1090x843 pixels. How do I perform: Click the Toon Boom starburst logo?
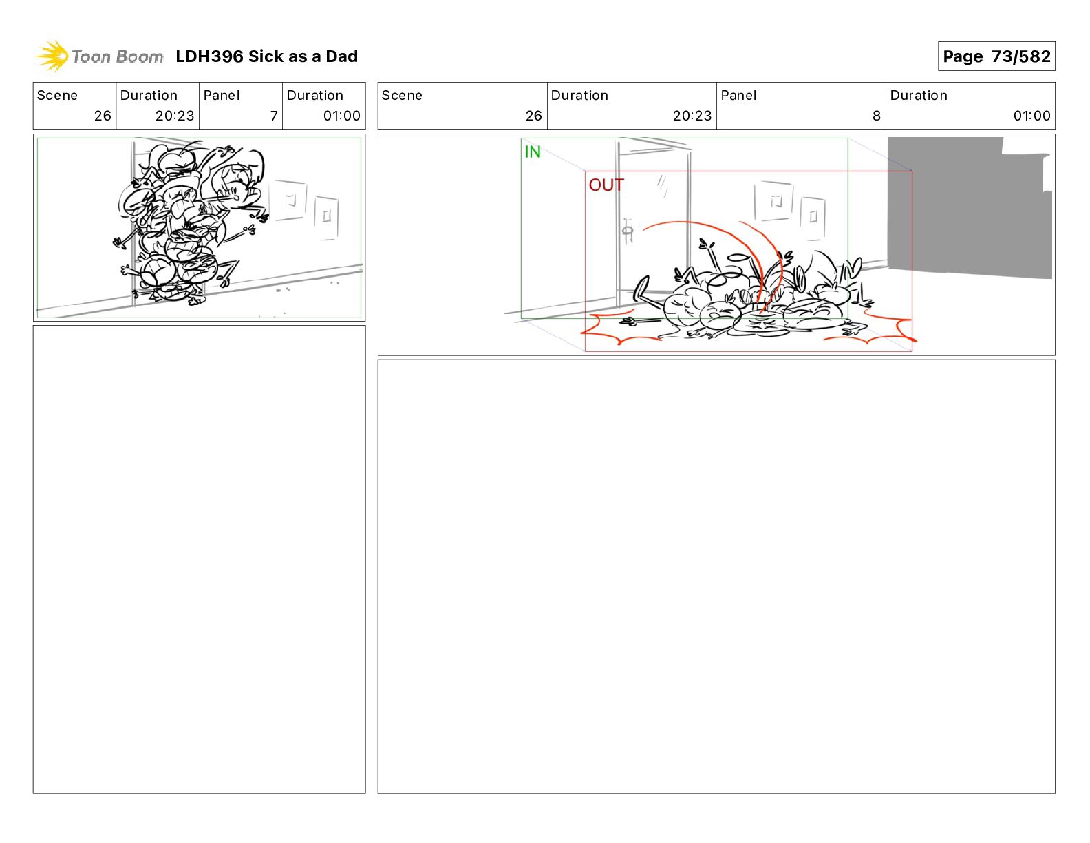point(52,56)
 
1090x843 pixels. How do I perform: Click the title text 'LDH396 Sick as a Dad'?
point(266,56)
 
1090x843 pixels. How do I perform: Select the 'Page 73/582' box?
point(996,56)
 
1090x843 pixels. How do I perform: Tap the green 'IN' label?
point(532,152)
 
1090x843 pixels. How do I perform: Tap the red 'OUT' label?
point(606,185)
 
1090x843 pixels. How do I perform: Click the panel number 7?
point(274,116)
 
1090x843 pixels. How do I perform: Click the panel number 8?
point(876,116)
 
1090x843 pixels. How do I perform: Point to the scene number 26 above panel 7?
point(103,116)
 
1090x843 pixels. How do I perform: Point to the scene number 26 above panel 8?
point(534,116)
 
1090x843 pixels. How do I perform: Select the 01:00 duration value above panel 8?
point(1032,116)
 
